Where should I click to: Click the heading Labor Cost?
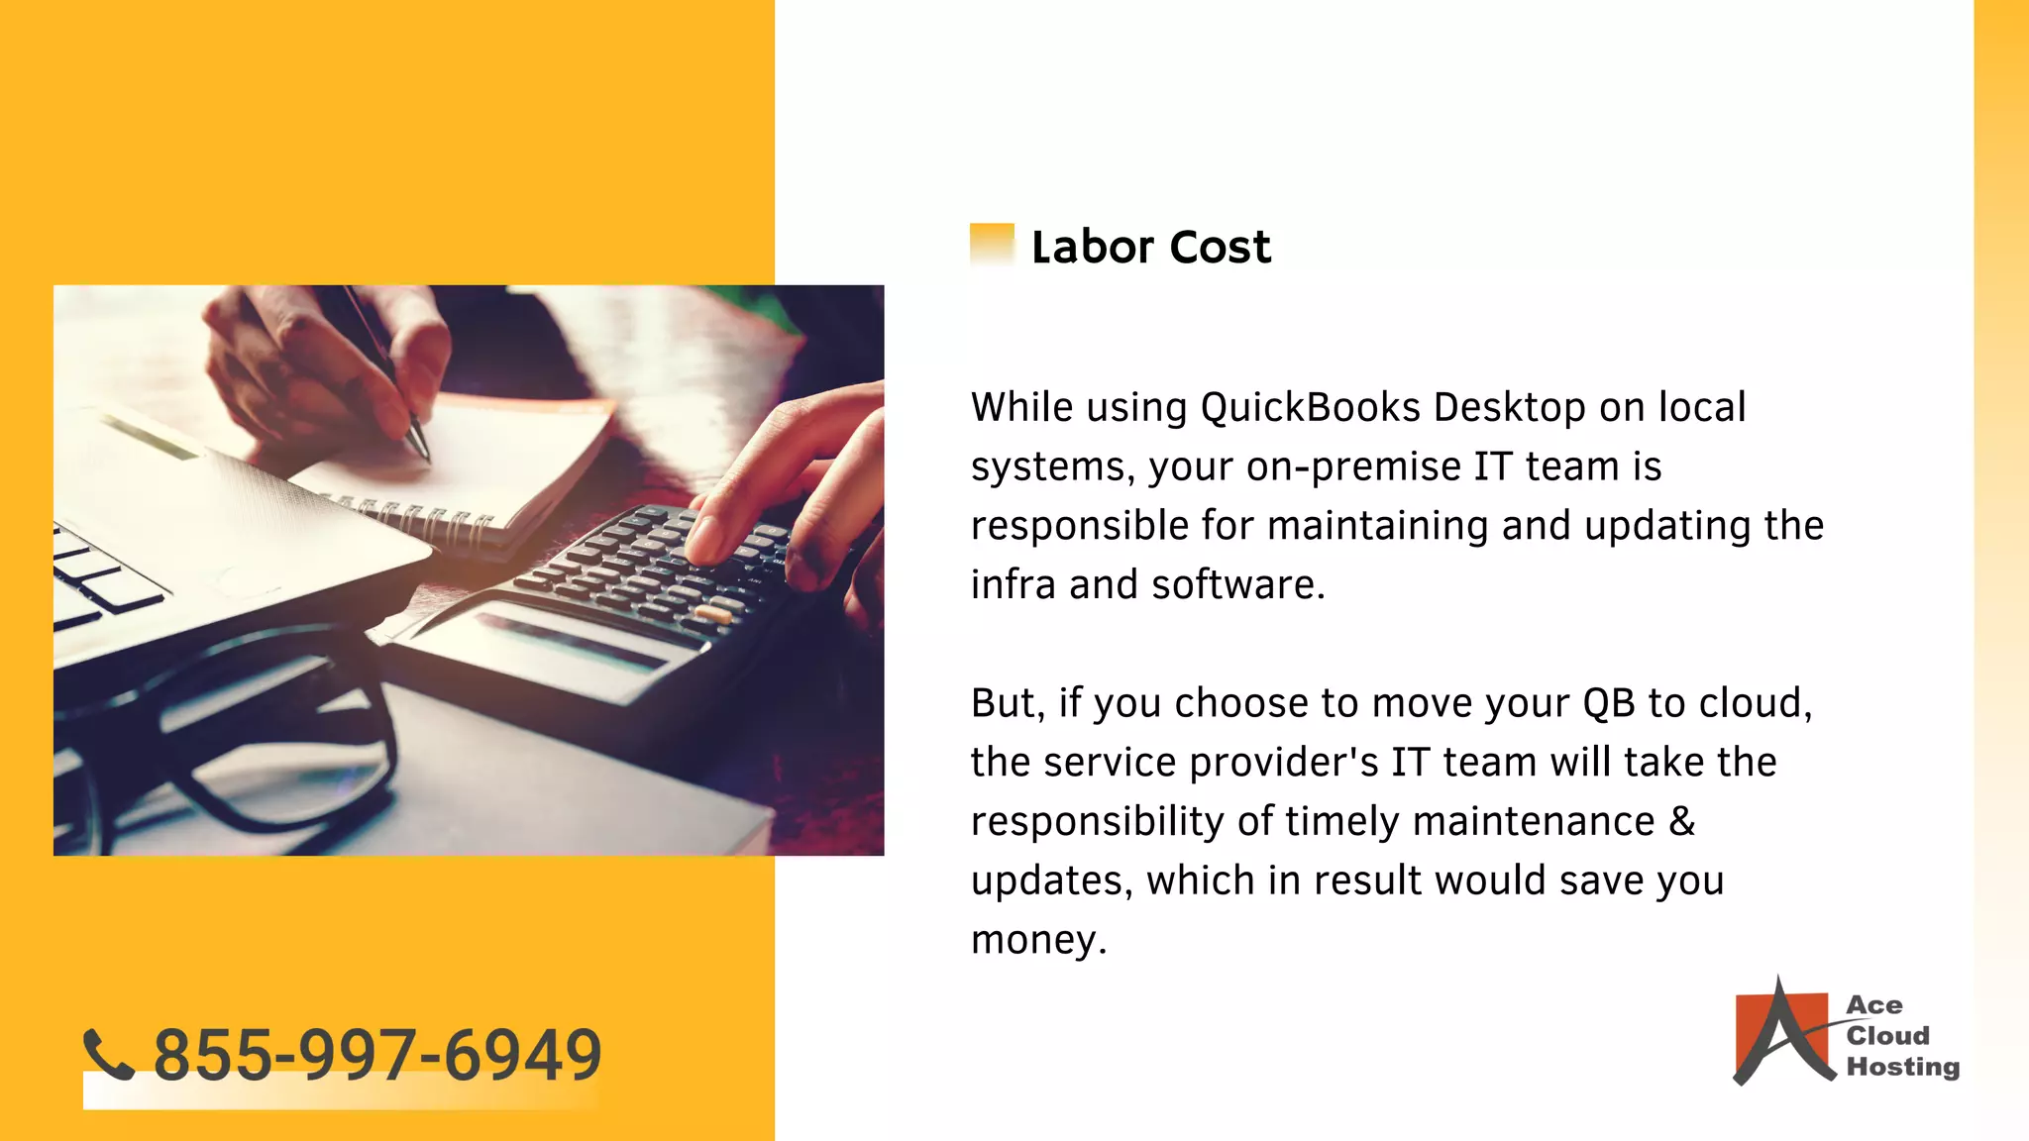[x=1150, y=247]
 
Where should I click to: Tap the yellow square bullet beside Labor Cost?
[x=992, y=245]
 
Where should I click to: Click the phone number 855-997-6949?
[x=377, y=1054]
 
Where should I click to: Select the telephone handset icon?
[x=108, y=1054]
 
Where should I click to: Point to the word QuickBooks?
[x=1310, y=407]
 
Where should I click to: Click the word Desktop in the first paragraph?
[x=1509, y=407]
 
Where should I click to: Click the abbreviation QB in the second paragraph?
[x=1608, y=703]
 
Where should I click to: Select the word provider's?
[x=1283, y=763]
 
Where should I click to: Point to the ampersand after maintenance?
[x=1682, y=821]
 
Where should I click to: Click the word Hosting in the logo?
[x=1902, y=1067]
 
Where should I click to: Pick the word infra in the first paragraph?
[x=1012, y=585]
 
